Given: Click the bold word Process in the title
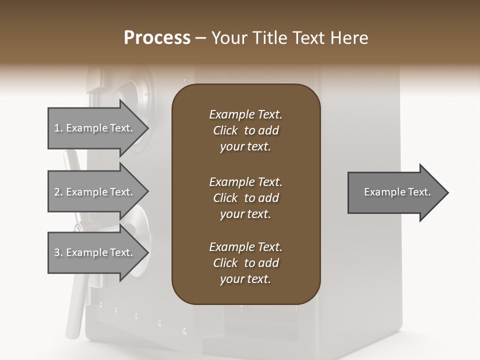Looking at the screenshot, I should click(x=157, y=38).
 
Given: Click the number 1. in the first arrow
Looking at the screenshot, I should click(x=58, y=128).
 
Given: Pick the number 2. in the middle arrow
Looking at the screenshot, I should click(x=58, y=192).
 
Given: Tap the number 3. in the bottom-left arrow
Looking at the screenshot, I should click(x=58, y=252).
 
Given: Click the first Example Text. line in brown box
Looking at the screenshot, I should click(x=245, y=114).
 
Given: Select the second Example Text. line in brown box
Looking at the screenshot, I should click(x=245, y=181).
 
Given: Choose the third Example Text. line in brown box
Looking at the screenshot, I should click(x=245, y=247).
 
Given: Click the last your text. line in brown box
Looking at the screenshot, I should click(x=245, y=279).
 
